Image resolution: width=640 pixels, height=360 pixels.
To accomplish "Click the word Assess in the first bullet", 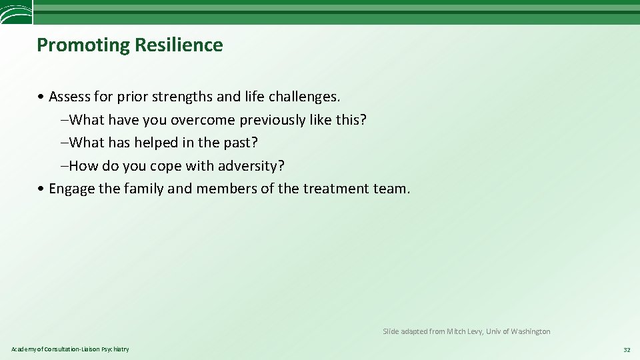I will [70, 97].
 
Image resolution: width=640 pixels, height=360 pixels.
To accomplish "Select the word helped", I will [157, 143].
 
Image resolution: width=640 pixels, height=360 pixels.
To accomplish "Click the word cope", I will [167, 165].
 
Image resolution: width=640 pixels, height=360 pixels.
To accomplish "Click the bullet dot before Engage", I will [41, 189].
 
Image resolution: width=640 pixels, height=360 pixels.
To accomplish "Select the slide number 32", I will [626, 349].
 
